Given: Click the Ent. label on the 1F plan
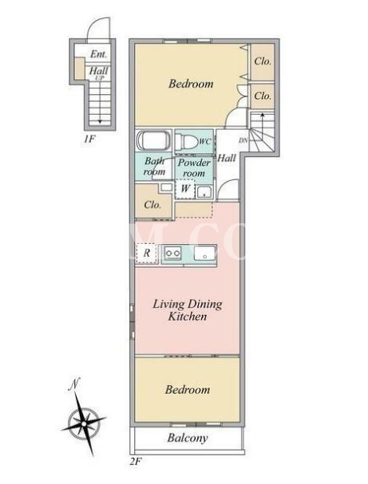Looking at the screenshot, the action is (x=98, y=54).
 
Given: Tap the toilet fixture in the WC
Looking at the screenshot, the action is (x=187, y=142).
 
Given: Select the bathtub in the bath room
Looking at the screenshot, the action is (x=153, y=140).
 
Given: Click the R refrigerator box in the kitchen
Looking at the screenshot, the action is (x=147, y=254).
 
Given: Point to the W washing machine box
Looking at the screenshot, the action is (x=185, y=188).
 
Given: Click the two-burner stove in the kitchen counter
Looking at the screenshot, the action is (x=172, y=253).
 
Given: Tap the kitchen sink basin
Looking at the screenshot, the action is (x=205, y=254).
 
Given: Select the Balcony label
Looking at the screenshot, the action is (x=188, y=438).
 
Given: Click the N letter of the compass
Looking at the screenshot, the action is (x=74, y=384).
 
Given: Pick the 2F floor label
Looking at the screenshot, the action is (x=136, y=462).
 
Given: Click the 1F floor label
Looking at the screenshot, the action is (x=89, y=139).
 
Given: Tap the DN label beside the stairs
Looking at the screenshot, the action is (x=243, y=140).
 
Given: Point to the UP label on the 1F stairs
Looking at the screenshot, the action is (x=100, y=78).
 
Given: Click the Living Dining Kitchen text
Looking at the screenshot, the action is (x=188, y=310).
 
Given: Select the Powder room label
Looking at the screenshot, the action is (x=194, y=167).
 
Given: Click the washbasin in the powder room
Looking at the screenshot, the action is (x=204, y=191).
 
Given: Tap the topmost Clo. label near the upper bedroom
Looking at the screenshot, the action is (x=263, y=61).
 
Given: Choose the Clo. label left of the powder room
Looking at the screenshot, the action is (x=152, y=205).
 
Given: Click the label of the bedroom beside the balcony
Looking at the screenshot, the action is (x=188, y=390).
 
